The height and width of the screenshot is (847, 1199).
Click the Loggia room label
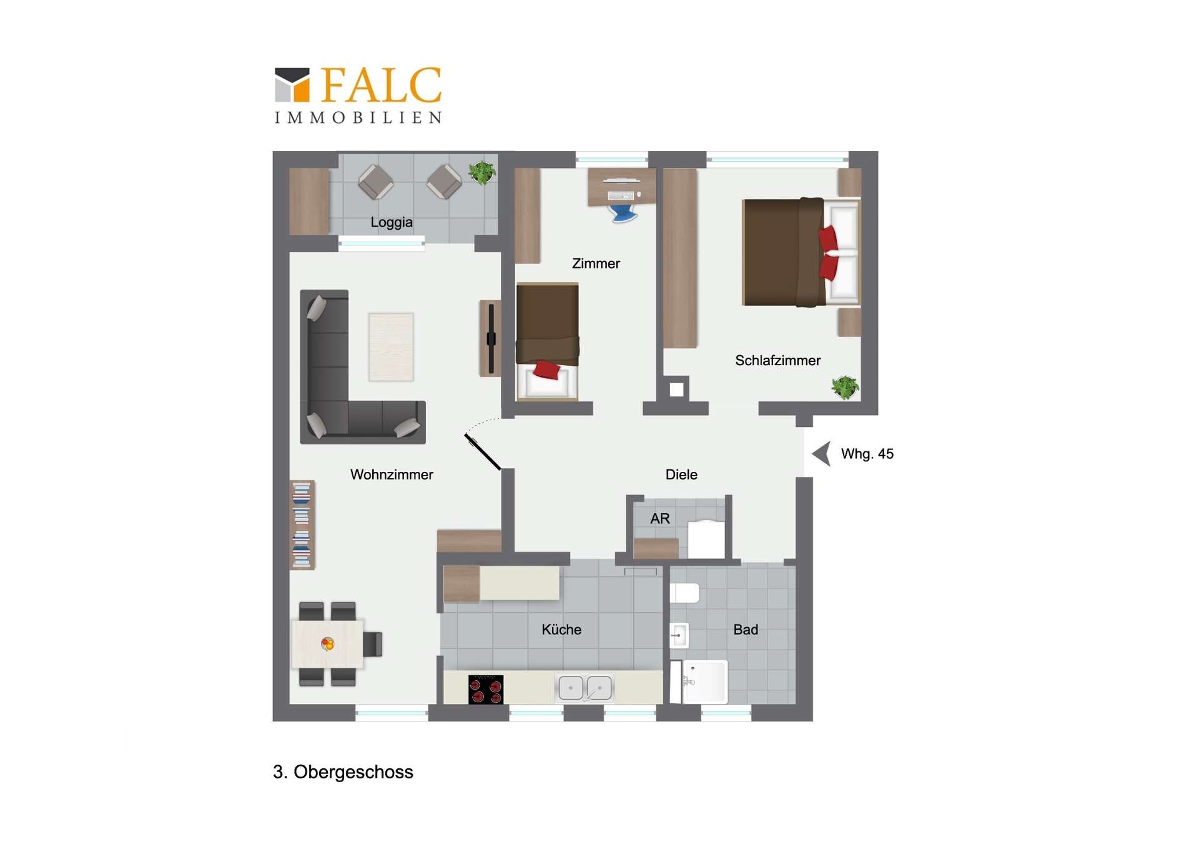point(391,222)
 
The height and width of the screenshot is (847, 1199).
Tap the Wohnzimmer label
point(392,474)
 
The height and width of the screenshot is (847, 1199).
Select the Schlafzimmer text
point(777,360)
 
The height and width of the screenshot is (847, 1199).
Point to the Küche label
point(561,629)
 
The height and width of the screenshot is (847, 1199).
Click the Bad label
point(746,629)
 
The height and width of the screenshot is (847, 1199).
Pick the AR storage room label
point(660,518)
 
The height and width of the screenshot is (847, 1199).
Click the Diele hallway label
point(681,474)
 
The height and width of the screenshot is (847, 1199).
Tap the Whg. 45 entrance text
point(867,454)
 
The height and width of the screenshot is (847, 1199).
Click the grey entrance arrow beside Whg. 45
point(821,454)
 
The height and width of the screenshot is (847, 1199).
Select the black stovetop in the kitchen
point(486,689)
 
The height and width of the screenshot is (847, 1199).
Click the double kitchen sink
point(585,687)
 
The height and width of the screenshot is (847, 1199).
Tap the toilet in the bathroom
point(684,593)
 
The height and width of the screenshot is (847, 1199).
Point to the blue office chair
point(623,213)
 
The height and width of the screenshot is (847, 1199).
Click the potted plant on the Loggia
point(483,172)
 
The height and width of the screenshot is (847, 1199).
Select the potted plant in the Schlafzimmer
point(845,387)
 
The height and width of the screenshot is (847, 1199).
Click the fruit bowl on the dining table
point(327,644)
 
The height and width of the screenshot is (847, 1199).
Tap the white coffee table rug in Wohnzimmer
point(391,347)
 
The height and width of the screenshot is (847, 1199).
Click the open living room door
point(483,451)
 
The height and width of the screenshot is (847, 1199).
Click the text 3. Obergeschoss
point(343,772)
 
